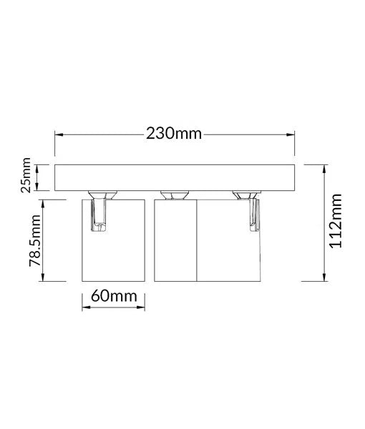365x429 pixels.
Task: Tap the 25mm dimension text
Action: click(26, 176)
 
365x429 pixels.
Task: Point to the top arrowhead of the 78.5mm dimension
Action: click(45, 202)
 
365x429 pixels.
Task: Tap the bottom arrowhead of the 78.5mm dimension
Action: click(45, 280)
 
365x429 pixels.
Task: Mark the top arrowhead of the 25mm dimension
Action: click(45, 165)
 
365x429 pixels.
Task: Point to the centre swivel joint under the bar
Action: click(175, 194)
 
